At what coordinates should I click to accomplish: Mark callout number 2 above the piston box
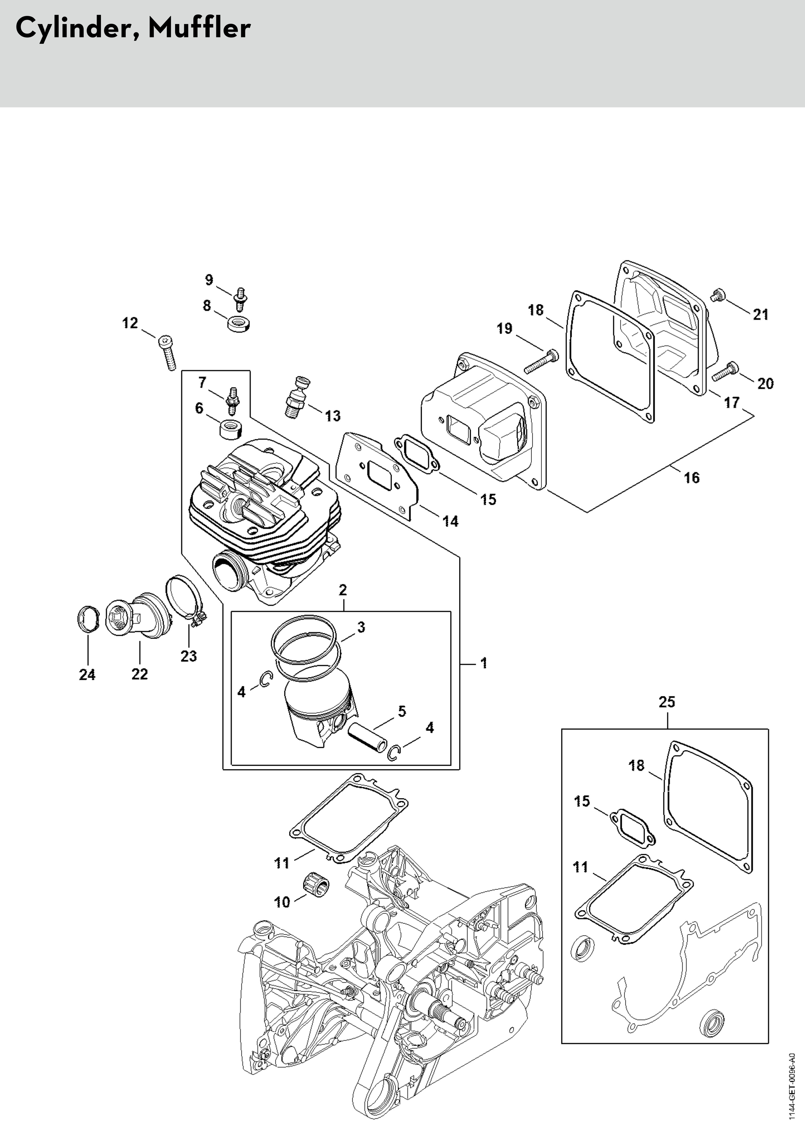pyautogui.click(x=343, y=590)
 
